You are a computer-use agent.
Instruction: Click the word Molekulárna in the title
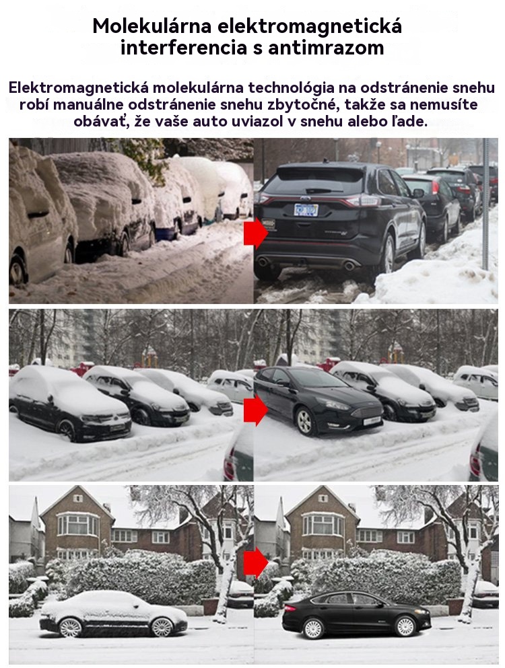(x=152, y=26)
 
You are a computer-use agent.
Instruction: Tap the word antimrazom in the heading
(x=326, y=48)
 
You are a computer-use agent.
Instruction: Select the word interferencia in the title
(x=184, y=48)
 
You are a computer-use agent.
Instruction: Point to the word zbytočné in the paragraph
(x=306, y=104)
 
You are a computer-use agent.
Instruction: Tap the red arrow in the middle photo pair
(x=256, y=410)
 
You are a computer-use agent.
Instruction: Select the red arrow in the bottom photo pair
(x=256, y=562)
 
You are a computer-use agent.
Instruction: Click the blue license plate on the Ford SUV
(x=306, y=210)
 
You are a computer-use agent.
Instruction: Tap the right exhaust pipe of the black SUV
(x=349, y=266)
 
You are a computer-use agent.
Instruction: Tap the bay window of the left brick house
(x=78, y=524)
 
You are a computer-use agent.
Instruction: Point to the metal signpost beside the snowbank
(x=485, y=204)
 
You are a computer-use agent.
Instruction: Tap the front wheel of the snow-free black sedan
(x=405, y=626)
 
